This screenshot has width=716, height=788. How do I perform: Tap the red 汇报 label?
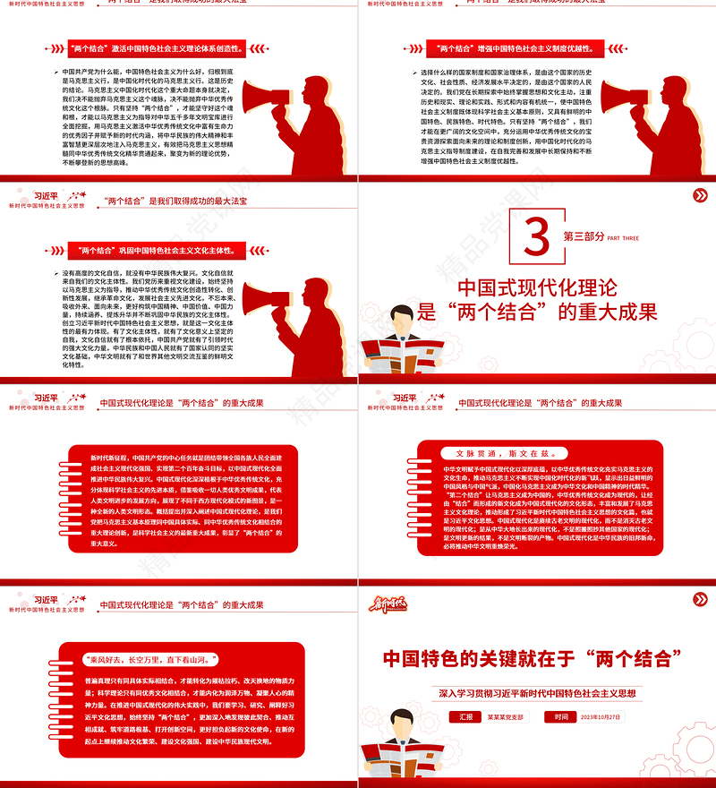click(x=465, y=716)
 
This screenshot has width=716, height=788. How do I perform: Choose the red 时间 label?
click(x=560, y=716)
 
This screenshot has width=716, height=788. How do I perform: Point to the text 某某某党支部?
click(x=507, y=716)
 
